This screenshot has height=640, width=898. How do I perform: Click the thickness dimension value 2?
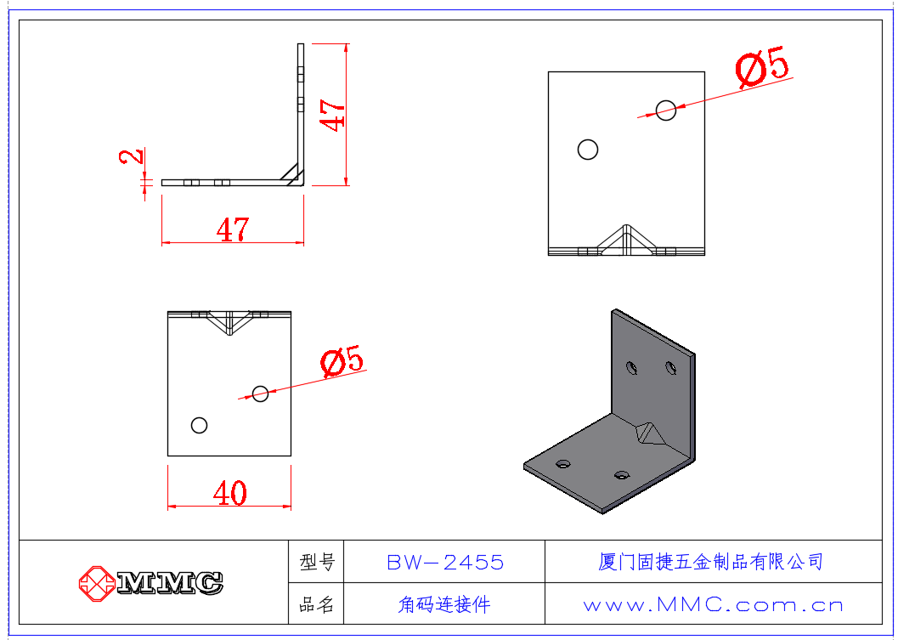[132, 156]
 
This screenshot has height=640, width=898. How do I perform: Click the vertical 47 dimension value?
[332, 116]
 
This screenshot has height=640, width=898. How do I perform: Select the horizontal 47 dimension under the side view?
[233, 229]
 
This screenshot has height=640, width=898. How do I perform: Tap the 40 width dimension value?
[229, 493]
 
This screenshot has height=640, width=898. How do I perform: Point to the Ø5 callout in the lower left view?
[342, 361]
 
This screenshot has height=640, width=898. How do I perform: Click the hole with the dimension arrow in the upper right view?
[666, 110]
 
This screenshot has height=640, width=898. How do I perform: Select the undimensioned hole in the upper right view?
[588, 150]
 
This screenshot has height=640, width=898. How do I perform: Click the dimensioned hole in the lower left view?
[260, 394]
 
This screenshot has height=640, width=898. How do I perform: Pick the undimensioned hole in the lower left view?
[199, 425]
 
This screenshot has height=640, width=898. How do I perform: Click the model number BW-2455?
[445, 562]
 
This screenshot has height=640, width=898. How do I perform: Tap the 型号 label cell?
[316, 562]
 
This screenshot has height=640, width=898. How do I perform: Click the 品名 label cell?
[316, 604]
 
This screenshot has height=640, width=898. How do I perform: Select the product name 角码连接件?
[444, 604]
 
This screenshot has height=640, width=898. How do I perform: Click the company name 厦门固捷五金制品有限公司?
[711, 562]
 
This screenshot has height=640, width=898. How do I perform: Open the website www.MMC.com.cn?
[713, 605]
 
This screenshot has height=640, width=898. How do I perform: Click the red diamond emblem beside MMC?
[96, 583]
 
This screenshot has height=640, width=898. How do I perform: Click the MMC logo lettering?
[170, 583]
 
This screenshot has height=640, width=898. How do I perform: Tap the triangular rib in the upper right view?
[626, 240]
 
